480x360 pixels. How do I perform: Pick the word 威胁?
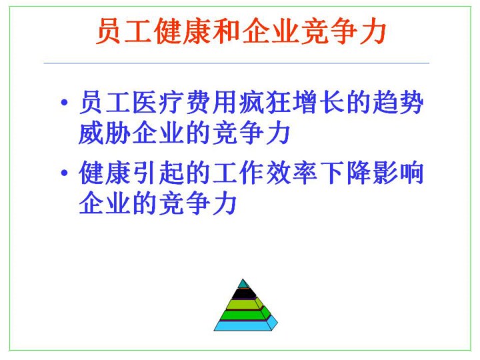coord(105,133)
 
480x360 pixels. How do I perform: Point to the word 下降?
coord(346,173)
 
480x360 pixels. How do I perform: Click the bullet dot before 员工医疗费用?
coord(64,102)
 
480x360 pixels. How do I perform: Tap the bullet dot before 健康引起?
coord(64,173)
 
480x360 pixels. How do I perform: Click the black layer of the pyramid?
coord(244,293)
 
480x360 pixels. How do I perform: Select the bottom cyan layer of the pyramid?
coord(245,325)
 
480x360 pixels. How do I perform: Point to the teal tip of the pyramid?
coord(243,283)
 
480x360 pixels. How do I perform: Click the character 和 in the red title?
coord(227,31)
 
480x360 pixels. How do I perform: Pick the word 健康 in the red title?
coord(183,31)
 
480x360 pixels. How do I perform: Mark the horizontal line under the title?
coord(236,63)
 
